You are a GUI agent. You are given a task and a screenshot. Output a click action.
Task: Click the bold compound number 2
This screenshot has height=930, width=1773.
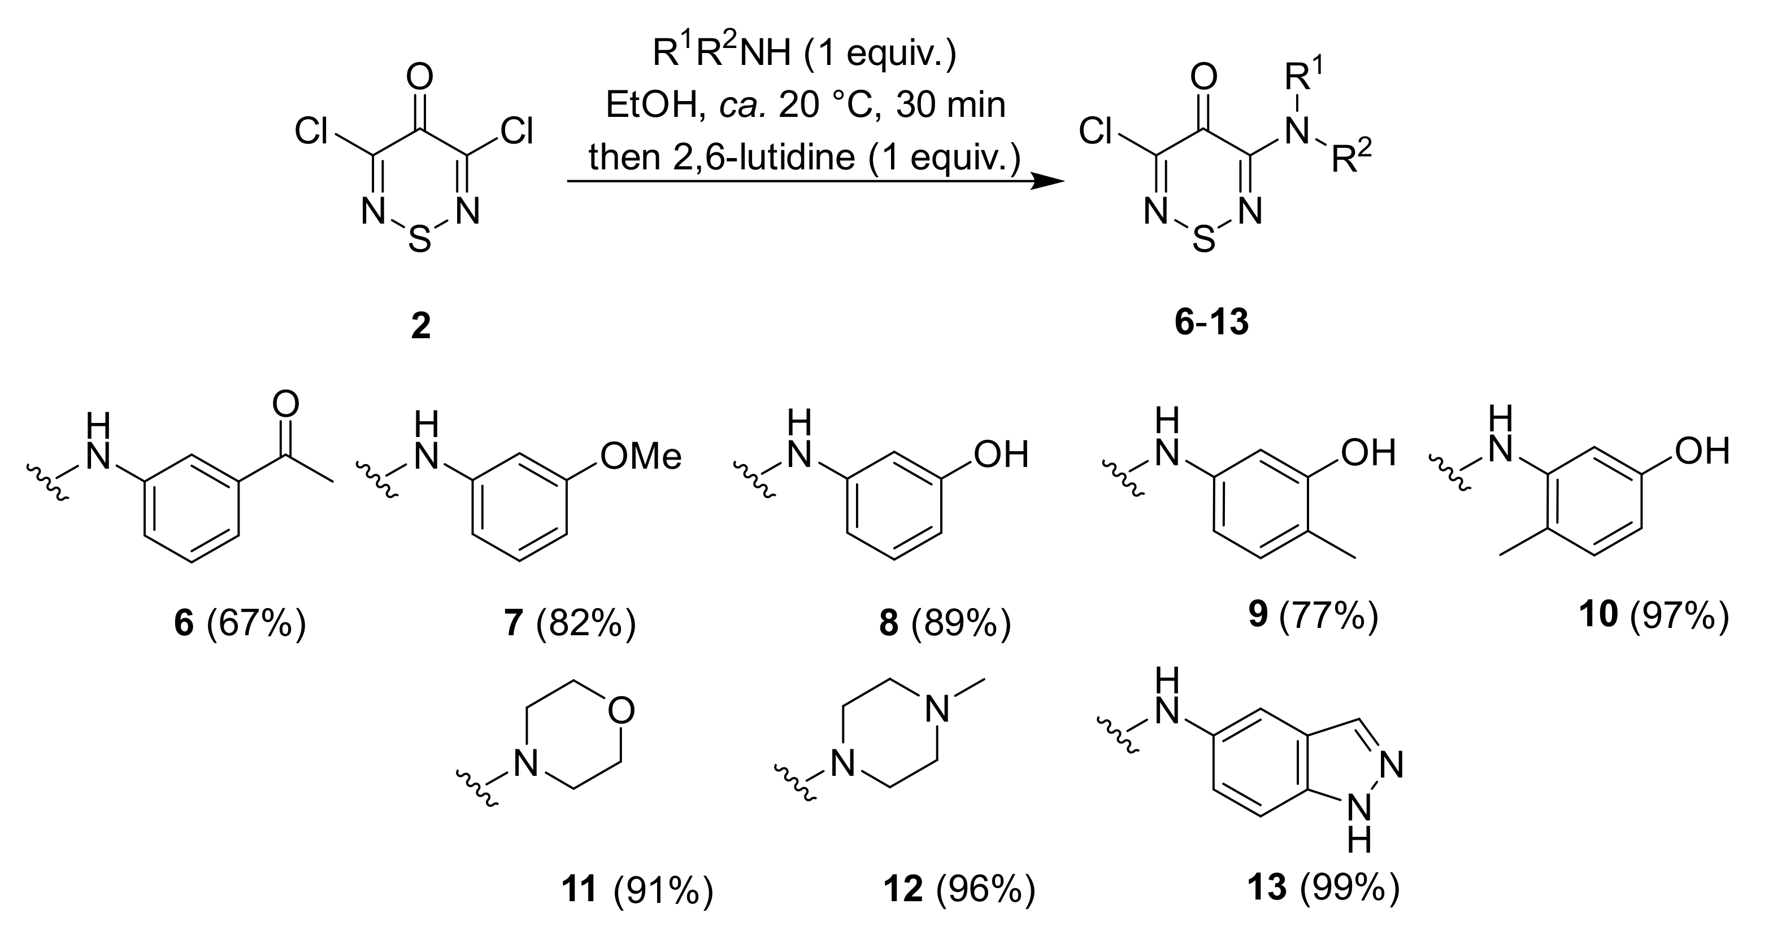click(x=420, y=325)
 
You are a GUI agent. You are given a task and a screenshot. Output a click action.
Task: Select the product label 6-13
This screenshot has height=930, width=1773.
click(x=1211, y=321)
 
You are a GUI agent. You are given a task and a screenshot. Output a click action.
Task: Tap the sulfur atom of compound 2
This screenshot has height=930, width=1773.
click(x=419, y=239)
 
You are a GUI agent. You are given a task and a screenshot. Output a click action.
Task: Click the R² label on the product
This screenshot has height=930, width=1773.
click(x=1351, y=159)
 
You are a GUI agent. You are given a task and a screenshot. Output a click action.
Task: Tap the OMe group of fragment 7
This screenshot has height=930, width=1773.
click(x=640, y=456)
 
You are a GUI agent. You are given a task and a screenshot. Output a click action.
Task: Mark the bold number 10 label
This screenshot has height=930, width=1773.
click(x=1598, y=614)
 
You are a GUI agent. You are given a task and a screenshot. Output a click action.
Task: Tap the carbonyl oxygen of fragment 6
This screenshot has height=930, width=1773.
click(x=286, y=404)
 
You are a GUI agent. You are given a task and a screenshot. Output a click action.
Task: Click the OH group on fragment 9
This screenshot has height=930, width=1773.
click(x=1368, y=453)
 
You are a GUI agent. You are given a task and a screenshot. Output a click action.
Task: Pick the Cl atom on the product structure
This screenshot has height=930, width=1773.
click(x=1096, y=130)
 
